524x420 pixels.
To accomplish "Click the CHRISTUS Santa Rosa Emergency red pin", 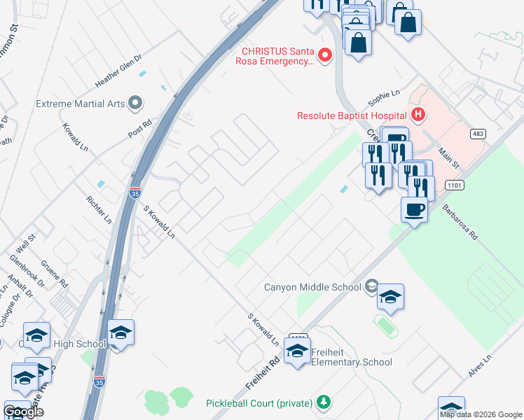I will (x=324, y=55).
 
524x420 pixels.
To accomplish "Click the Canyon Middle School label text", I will (x=312, y=286).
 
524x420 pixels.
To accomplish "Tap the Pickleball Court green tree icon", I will (x=323, y=402).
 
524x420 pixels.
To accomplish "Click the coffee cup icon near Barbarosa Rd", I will (x=414, y=209).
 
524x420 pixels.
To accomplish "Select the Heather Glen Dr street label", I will (x=118, y=72).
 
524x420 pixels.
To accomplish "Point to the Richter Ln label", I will (x=98, y=209).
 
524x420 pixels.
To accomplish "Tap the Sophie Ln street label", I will (x=385, y=93).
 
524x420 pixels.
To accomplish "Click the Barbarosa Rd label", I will (x=459, y=223).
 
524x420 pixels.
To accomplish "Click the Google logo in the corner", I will (x=23, y=412).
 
